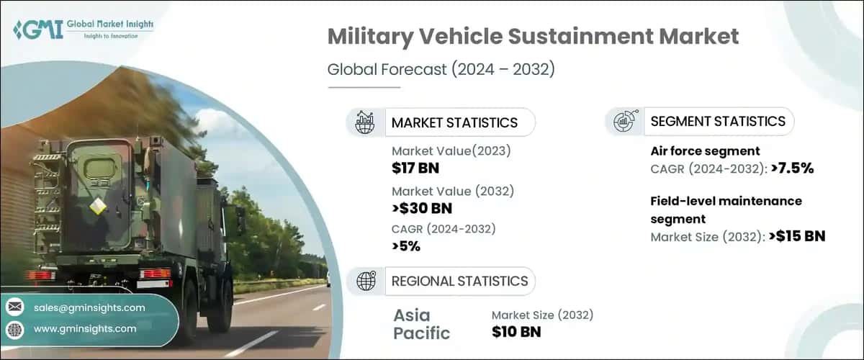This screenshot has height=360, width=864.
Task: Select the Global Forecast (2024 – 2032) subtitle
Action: pyautogui.click(x=441, y=70)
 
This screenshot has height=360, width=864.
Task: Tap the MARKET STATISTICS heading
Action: pyautogui.click(x=454, y=122)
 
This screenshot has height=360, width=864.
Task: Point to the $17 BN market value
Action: pyautogui.click(x=415, y=168)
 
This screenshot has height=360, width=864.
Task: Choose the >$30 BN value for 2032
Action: pyautogui.click(x=423, y=210)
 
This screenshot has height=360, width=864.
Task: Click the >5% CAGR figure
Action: pyautogui.click(x=406, y=246)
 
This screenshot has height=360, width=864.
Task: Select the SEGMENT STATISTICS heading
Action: pyautogui.click(x=718, y=122)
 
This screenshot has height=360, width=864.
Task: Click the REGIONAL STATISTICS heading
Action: pyautogui.click(x=459, y=281)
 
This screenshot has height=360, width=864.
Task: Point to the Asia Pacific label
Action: pyautogui.click(x=422, y=324)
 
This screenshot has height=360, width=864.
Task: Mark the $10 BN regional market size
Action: pyautogui.click(x=516, y=331)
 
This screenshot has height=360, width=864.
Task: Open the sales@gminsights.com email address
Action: pyautogui.click(x=89, y=307)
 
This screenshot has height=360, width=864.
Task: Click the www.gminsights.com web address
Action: pyautogui.click(x=85, y=328)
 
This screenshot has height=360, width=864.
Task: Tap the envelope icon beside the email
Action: pyautogui.click(x=14, y=307)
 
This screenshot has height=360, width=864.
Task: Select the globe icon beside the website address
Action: pyautogui.click(x=14, y=329)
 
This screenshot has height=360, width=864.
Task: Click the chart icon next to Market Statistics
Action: pyautogui.click(x=365, y=122)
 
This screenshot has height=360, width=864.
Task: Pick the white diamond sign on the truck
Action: pyautogui.click(x=97, y=207)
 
